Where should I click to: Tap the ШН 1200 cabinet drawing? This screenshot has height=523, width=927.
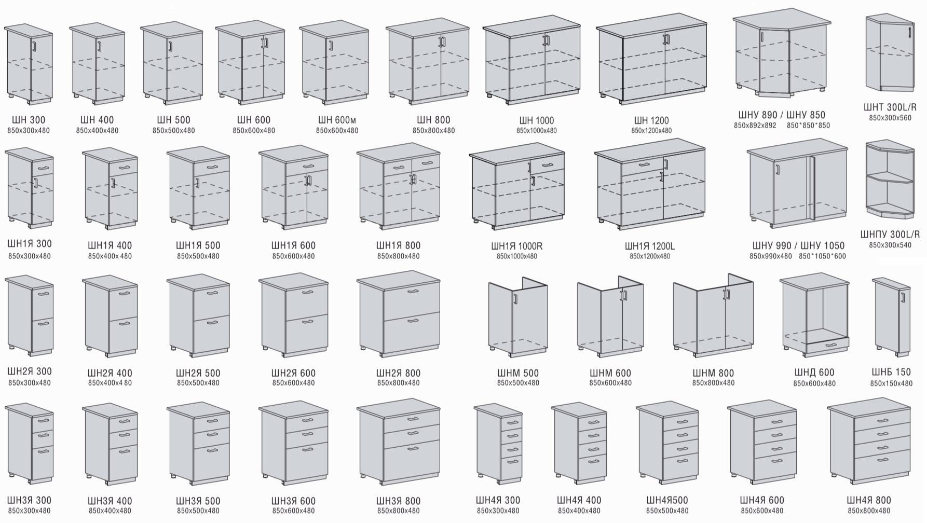[651, 62]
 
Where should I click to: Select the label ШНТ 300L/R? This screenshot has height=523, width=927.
[890, 107]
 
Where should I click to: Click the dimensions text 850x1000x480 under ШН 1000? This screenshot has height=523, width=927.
[536, 131]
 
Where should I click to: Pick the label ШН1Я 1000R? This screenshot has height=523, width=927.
[516, 246]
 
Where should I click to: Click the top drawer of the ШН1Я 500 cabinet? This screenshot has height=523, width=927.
[212, 167]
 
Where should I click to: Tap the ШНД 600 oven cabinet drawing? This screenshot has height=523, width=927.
[814, 316]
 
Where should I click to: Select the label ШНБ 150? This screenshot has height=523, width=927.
[891, 373]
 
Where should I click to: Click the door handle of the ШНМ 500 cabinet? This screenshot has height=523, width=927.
[515, 300]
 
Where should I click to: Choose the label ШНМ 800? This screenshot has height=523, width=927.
[713, 373]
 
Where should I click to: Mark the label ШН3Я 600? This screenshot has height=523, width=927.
[293, 501]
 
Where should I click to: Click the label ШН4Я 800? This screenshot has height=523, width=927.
[868, 501]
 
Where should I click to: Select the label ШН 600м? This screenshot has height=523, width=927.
[337, 120]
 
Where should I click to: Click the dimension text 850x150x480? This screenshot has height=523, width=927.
[891, 384]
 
